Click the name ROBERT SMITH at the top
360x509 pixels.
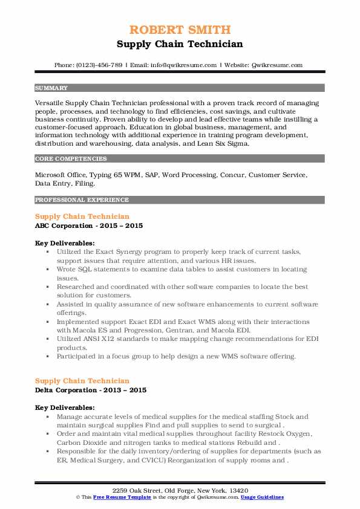pos(180,30)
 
